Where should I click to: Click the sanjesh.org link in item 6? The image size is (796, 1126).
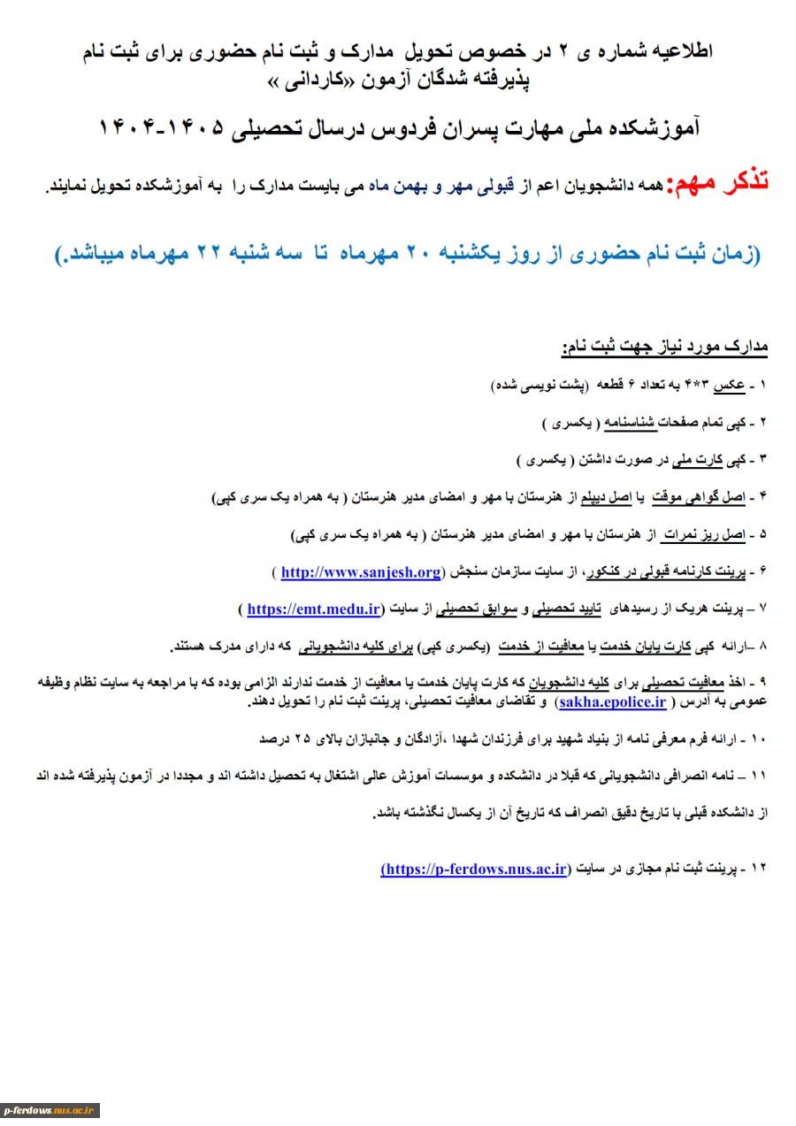coord(361,572)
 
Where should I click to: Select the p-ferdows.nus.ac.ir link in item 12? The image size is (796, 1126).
coord(474,869)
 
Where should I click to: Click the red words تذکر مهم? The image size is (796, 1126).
coord(718,183)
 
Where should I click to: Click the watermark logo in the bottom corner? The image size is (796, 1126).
coord(50,1110)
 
